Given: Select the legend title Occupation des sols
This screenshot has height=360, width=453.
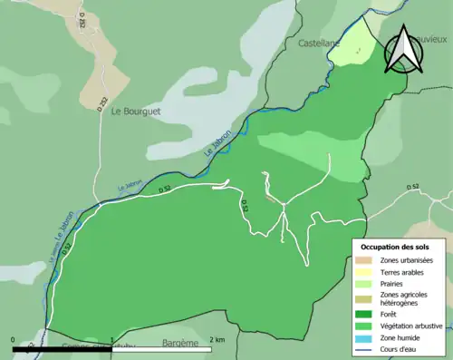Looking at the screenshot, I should click(x=395, y=246).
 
